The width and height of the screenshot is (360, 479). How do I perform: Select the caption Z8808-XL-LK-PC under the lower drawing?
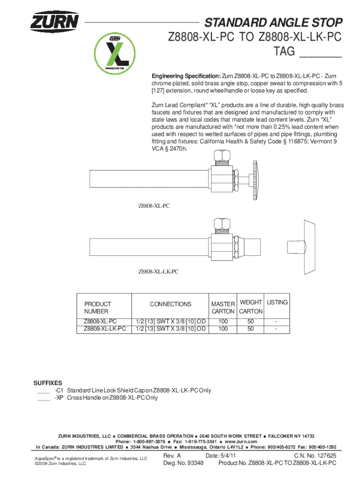click(x=158, y=271)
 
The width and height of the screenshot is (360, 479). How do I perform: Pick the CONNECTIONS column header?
click(x=171, y=304)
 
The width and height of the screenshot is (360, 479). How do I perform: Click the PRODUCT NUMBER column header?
click(x=98, y=307)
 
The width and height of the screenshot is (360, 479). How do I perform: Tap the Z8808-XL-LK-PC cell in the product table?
click(x=105, y=329)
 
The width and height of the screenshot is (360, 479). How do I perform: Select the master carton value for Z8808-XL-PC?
click(x=223, y=321)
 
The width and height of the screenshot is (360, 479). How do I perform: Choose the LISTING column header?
click(x=277, y=302)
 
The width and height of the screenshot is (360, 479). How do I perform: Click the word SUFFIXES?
click(x=47, y=383)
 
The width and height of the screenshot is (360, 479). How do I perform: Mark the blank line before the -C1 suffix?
click(x=43, y=392)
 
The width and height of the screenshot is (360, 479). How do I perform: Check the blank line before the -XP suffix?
click(x=43, y=399)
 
